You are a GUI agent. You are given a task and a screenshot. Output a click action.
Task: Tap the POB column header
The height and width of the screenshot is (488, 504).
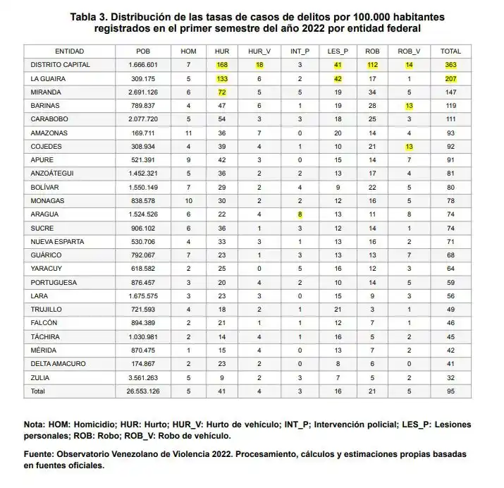[x=143, y=51]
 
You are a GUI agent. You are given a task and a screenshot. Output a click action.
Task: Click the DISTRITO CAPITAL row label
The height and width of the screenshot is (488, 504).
[x=59, y=65]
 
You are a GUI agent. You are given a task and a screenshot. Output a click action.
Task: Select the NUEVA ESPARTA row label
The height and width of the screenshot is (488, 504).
[x=56, y=242]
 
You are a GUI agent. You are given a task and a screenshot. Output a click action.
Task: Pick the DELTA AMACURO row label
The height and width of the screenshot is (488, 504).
[x=56, y=365]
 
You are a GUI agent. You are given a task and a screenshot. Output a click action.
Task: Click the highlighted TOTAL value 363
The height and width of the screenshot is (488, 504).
[x=450, y=65]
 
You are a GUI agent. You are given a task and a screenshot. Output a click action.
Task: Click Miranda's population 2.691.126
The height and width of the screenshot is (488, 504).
[x=144, y=92]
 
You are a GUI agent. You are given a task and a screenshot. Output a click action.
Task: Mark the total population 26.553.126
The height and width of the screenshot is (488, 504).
[x=143, y=391]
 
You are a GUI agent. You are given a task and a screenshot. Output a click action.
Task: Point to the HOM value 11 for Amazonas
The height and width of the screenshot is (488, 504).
[x=189, y=133]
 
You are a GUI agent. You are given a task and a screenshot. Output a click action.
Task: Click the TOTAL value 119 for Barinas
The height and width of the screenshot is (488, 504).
[x=450, y=106]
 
